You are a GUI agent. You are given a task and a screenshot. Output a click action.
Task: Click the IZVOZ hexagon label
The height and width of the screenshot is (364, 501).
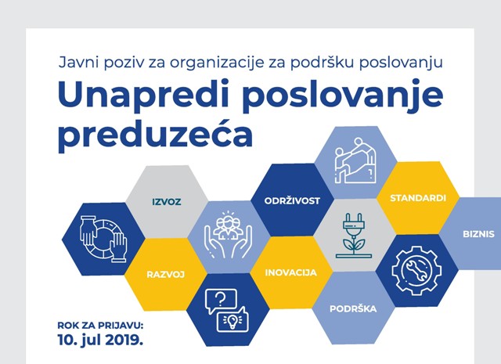pos(167,202)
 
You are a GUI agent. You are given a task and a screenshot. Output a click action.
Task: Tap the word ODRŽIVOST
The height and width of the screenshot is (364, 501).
pos(292,200)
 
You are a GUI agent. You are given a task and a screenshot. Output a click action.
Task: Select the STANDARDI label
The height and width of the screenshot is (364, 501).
pos(418,198)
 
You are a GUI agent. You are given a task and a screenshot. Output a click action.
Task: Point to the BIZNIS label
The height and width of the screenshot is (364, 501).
pos(478,234)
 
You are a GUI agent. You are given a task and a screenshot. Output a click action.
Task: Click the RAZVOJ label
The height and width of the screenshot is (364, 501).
pos(166,275)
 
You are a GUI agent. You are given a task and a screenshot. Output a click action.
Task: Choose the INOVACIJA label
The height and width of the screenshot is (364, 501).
pos(290,272)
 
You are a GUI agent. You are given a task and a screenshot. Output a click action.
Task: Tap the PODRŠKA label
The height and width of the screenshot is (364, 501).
pos(353,308)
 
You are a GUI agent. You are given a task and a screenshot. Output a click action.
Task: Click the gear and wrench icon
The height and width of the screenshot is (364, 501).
pos(416,270)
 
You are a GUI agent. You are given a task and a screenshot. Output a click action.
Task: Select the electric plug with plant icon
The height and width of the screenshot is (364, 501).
pos(354,236)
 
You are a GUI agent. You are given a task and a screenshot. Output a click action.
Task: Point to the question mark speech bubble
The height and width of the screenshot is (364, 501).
pos(221,301)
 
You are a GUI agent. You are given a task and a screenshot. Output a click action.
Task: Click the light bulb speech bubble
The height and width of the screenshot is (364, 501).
pos(232,319)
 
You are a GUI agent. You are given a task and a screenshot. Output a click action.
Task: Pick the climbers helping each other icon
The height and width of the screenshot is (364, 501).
pos(355,160)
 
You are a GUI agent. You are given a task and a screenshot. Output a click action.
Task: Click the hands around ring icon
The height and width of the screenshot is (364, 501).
pos(103,239)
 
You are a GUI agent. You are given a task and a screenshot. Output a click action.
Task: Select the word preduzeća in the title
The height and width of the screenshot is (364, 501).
pos(155,134)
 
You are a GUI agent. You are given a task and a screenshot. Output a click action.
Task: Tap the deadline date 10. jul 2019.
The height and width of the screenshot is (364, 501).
pos(100,340)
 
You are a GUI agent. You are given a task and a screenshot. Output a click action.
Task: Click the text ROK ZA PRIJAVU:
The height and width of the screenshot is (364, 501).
pos(100,326)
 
